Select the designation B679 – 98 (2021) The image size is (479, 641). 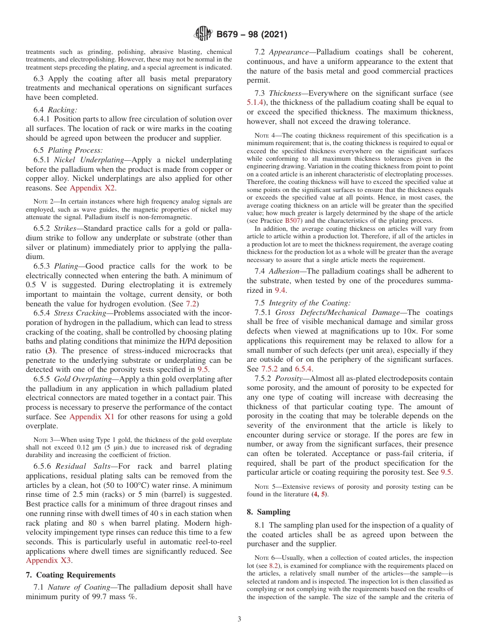click(252, 35)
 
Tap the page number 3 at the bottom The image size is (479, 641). click(239, 619)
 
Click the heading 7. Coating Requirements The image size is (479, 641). click(71, 575)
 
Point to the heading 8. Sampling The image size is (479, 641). click(268, 512)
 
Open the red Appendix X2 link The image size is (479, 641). click(92, 188)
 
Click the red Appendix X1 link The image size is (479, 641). click(92, 416)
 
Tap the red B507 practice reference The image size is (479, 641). click(292, 221)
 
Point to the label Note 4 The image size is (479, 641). click(264, 135)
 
